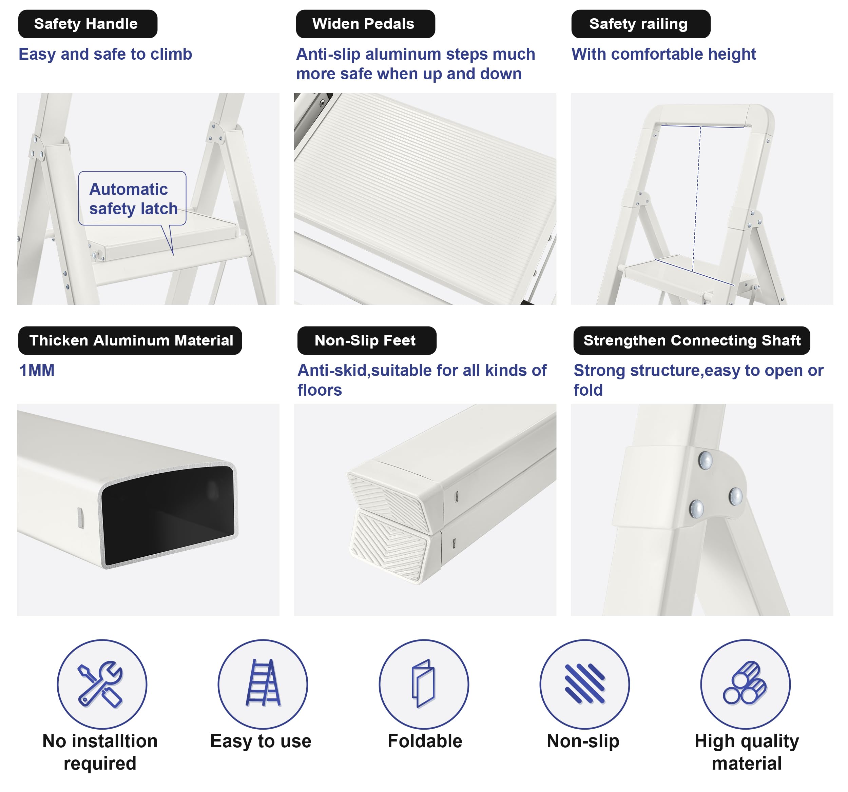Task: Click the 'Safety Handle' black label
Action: pyautogui.click(x=88, y=24)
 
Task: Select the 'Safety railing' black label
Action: pyautogui.click(x=641, y=24)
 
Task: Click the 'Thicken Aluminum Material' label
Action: pyautogui.click(x=130, y=341)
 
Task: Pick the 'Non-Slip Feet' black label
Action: pyautogui.click(x=367, y=341)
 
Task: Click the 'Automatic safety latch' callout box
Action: pyautogui.click(x=132, y=199)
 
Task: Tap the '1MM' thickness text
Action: pyautogui.click(x=37, y=371)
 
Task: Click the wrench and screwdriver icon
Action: pyautogui.click(x=101, y=684)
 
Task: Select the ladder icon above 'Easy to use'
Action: pyautogui.click(x=263, y=682)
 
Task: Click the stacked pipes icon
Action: pyautogui.click(x=745, y=683)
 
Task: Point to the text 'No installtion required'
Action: pyautogui.click(x=100, y=752)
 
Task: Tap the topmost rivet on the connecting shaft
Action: pyautogui.click(x=705, y=460)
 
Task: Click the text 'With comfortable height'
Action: pyautogui.click(x=664, y=54)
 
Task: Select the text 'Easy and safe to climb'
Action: pyautogui.click(x=105, y=54)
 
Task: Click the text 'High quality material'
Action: pyautogui.click(x=747, y=752)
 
